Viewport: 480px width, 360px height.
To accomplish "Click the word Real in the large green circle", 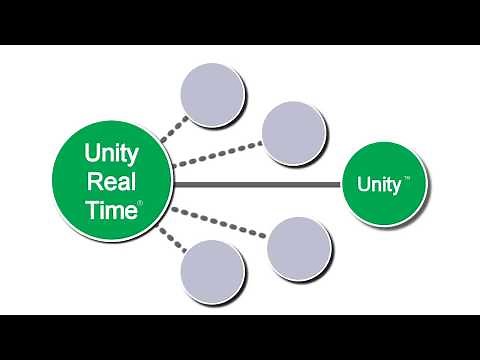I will [x=112, y=182].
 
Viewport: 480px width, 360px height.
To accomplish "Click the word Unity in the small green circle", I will [x=378, y=185].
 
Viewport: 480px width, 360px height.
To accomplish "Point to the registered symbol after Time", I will [x=140, y=203].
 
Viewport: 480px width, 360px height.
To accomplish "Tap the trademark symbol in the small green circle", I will [x=406, y=180].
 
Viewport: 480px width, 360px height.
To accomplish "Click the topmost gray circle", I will [x=212, y=94].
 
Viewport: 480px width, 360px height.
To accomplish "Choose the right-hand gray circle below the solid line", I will [x=299, y=247].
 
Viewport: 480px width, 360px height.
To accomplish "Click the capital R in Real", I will [x=96, y=182].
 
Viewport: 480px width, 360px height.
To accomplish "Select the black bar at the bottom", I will [x=240, y=337].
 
